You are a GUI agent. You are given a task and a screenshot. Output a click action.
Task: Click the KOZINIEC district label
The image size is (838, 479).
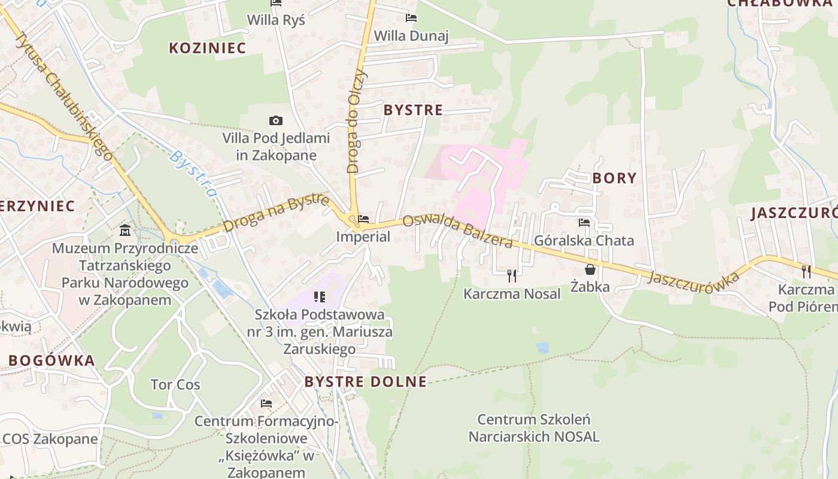[207, 48]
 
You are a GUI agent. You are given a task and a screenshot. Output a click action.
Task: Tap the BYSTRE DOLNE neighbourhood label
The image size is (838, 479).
[365, 382]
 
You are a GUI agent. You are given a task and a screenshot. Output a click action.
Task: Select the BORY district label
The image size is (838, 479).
[614, 178]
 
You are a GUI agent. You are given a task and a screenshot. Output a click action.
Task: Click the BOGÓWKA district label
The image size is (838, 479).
[51, 361]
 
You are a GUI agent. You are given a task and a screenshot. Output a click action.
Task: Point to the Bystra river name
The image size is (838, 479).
[193, 174]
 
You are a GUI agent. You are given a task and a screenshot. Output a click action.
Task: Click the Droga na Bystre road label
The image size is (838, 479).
[276, 212]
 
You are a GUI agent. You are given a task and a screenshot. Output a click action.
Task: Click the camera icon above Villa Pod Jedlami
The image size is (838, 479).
[275, 121]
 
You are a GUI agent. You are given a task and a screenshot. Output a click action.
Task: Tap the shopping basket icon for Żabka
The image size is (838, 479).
[590, 269]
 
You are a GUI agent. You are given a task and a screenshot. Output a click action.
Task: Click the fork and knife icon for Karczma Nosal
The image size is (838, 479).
[512, 275]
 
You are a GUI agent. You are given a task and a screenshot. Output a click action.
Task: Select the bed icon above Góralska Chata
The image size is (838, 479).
[584, 223]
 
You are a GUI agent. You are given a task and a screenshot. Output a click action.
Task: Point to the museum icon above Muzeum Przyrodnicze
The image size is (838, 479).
[125, 230]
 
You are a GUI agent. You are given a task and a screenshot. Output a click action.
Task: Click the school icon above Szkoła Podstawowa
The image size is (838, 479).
[319, 296]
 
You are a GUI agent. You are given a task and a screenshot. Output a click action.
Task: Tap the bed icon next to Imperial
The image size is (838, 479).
[363, 219]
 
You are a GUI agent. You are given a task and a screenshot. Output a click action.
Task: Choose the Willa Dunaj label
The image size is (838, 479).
[411, 36]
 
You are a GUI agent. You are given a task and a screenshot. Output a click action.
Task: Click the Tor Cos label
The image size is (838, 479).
[175, 384]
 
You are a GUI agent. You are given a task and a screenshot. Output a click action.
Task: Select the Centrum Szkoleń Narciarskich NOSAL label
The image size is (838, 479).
[534, 428]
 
